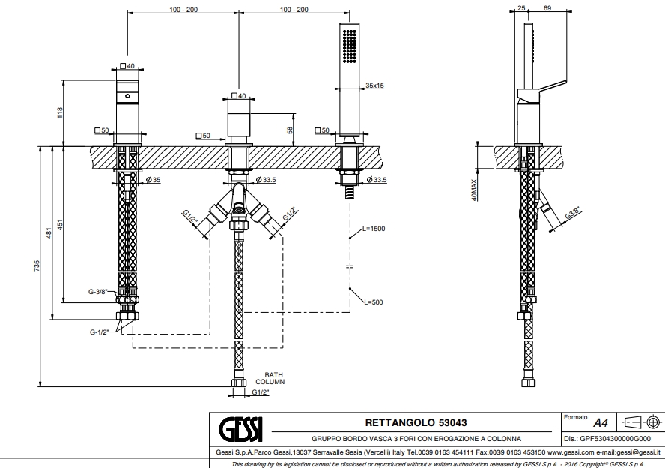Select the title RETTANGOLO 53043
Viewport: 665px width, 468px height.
[x=416, y=423]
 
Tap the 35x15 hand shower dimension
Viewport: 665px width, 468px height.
[x=374, y=86]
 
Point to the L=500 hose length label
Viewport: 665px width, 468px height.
[x=372, y=302]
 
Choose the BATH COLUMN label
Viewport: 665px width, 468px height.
[x=274, y=378]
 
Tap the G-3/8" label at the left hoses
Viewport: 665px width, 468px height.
[x=97, y=292]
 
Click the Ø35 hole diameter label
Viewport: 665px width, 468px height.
[x=154, y=180]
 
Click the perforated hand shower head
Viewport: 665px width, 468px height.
[x=349, y=45]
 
